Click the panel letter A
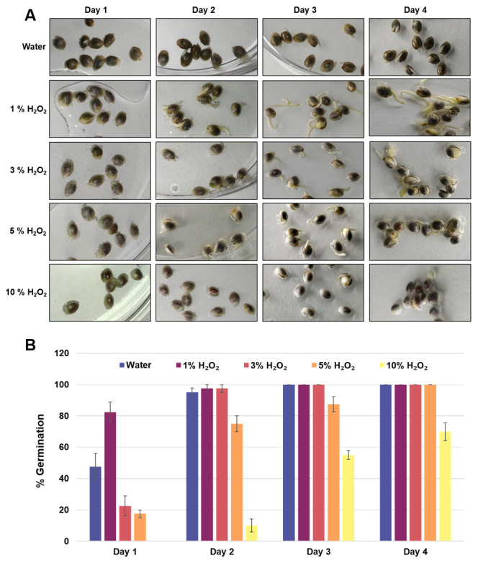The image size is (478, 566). tap(31, 14)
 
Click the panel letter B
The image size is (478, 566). tap(32, 344)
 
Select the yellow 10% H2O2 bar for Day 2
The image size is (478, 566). tap(251, 533)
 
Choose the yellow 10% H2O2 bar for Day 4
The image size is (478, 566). tap(446, 486)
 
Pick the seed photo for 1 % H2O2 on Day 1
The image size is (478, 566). tap(99, 108)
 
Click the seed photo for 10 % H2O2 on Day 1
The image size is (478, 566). tap(99, 293)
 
